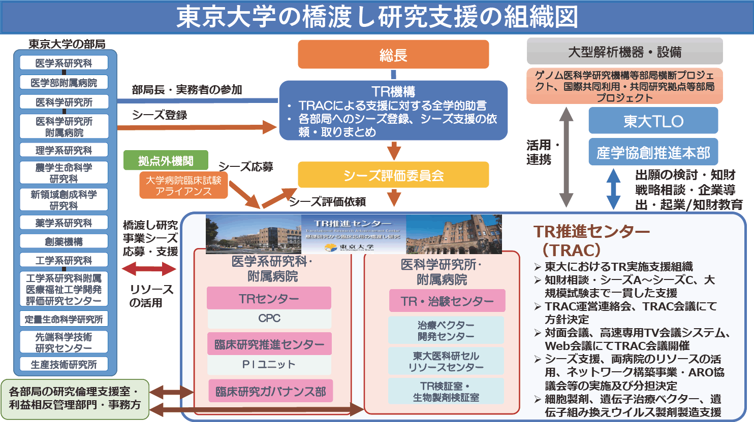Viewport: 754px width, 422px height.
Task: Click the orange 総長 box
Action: coord(393,55)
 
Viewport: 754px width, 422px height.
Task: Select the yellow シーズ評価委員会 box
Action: coord(393,175)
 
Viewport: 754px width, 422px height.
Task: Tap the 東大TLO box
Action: coord(653,121)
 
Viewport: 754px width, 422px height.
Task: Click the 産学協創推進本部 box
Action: coord(653,152)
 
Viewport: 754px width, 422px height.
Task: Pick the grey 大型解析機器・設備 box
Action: coord(624,51)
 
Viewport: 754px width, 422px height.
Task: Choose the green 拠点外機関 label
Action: coord(166,160)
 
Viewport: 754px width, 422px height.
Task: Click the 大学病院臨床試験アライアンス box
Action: coord(183,185)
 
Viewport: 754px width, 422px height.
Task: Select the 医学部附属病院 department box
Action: coord(64,82)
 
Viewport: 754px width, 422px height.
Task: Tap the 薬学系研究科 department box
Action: coord(64,223)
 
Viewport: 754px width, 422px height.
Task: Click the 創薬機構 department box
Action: coord(64,241)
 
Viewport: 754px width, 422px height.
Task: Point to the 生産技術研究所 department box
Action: coord(64,364)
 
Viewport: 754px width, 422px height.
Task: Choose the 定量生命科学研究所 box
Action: coord(64,319)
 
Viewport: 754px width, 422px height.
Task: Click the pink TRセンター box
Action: coord(269,298)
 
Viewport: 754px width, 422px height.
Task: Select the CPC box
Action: coord(269,319)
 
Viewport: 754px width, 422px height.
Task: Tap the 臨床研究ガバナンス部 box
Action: coord(270,391)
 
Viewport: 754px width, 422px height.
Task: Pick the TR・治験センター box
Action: coord(447,301)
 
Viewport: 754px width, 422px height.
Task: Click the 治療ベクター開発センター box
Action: coord(446,330)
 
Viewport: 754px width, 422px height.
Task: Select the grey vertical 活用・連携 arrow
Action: coord(567,157)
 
